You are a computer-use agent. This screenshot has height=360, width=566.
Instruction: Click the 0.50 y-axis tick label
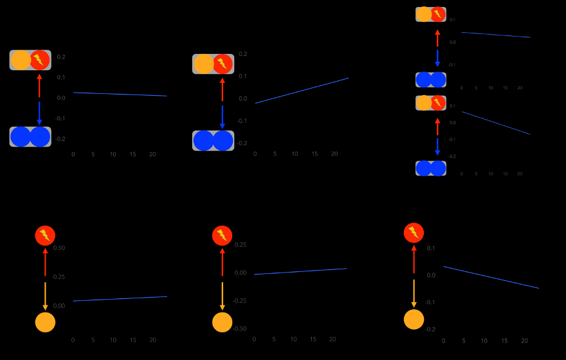click(59, 248)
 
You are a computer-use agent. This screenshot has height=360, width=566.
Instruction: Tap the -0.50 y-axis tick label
click(239, 328)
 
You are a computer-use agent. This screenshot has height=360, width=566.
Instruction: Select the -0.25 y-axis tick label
click(239, 301)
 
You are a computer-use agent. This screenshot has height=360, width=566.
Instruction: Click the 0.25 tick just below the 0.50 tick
click(59, 276)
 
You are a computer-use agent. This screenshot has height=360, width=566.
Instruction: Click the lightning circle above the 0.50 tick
click(45, 235)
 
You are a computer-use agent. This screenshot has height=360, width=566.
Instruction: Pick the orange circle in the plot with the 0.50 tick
click(45, 322)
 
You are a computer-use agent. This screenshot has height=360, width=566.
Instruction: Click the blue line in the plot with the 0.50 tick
click(120, 299)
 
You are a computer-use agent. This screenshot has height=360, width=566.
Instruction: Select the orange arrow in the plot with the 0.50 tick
click(45, 296)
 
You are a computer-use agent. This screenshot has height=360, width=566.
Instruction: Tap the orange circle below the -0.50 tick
click(222, 322)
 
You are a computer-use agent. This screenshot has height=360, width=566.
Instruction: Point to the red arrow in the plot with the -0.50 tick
click(222, 262)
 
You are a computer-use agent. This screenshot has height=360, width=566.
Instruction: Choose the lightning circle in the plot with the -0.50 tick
click(222, 235)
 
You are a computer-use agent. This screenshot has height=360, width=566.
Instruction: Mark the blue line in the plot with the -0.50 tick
click(300, 271)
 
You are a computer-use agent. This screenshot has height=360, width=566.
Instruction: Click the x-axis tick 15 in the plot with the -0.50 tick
click(313, 339)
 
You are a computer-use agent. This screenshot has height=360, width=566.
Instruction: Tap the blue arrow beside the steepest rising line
click(223, 118)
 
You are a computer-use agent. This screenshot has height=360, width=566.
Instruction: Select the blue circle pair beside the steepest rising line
click(213, 140)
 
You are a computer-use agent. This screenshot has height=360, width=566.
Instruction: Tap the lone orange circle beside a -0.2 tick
click(414, 319)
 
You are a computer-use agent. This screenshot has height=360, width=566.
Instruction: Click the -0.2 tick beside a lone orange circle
click(430, 329)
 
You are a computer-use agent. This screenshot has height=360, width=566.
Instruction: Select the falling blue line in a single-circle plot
click(491, 277)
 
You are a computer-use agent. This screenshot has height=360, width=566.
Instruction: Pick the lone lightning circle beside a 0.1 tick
click(414, 233)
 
